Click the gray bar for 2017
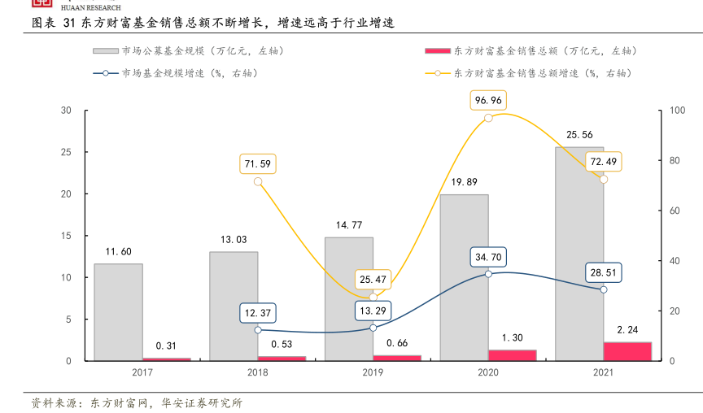[x=118, y=312]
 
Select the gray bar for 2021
[x=579, y=254]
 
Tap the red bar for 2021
[x=627, y=351]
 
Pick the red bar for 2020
[x=512, y=355]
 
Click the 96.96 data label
[x=488, y=100]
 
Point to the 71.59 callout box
[x=258, y=163]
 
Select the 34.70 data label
[x=488, y=258]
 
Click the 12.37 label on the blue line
[x=258, y=313]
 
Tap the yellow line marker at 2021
[x=604, y=179]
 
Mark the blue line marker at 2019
[x=373, y=328]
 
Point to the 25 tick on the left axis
[x=67, y=152]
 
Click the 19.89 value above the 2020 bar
[x=464, y=182]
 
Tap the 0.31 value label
[x=167, y=345]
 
